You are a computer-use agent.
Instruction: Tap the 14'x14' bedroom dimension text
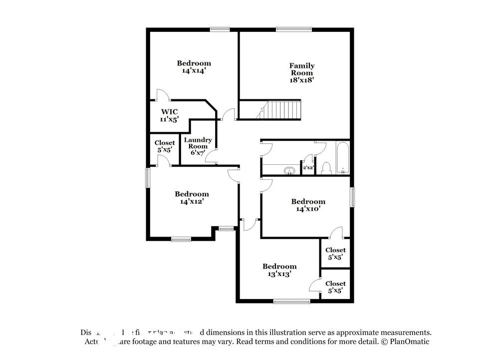(x=194, y=71)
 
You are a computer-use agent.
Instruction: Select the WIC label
(x=169, y=112)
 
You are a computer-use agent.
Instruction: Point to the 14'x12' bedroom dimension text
(x=192, y=202)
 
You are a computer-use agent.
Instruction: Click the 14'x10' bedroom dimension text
(x=308, y=209)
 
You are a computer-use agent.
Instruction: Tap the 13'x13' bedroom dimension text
(x=279, y=274)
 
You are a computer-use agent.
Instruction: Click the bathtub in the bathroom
(x=342, y=159)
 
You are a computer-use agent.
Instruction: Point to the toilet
(x=327, y=169)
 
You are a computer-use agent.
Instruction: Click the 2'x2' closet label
(x=308, y=168)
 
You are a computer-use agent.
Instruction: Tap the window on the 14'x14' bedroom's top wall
(x=220, y=29)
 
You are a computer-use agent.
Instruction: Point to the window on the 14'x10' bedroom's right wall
(x=352, y=197)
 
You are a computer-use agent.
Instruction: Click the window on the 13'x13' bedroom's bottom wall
(x=291, y=301)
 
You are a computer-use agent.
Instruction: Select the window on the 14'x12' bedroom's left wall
(x=148, y=177)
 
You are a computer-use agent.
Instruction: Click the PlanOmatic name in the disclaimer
(x=407, y=342)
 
